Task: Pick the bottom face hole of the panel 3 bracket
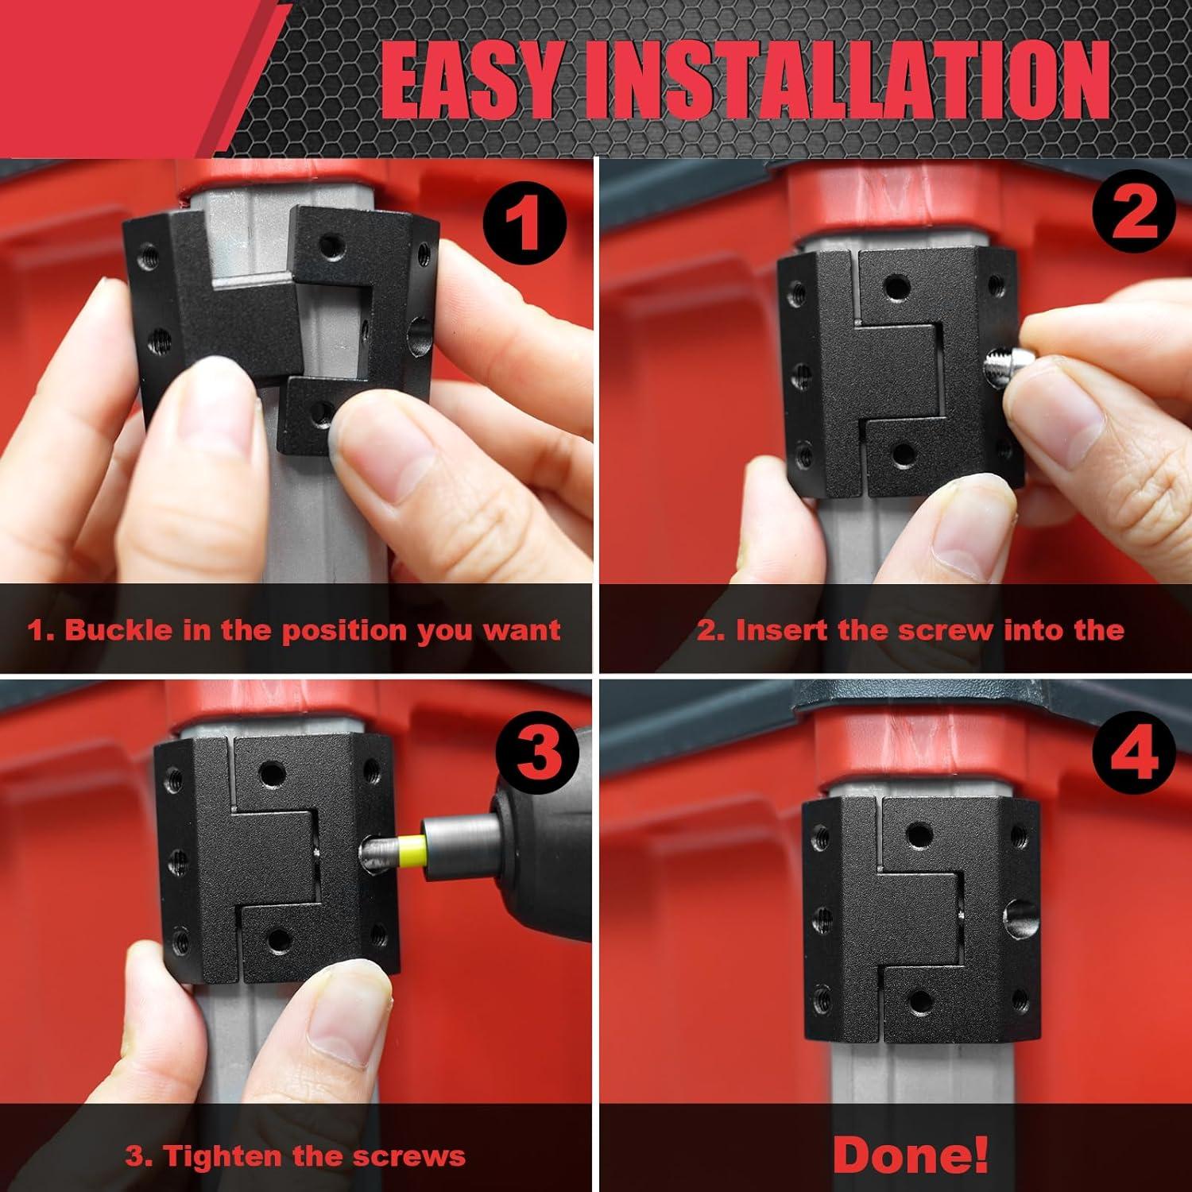pyautogui.click(x=277, y=940)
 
